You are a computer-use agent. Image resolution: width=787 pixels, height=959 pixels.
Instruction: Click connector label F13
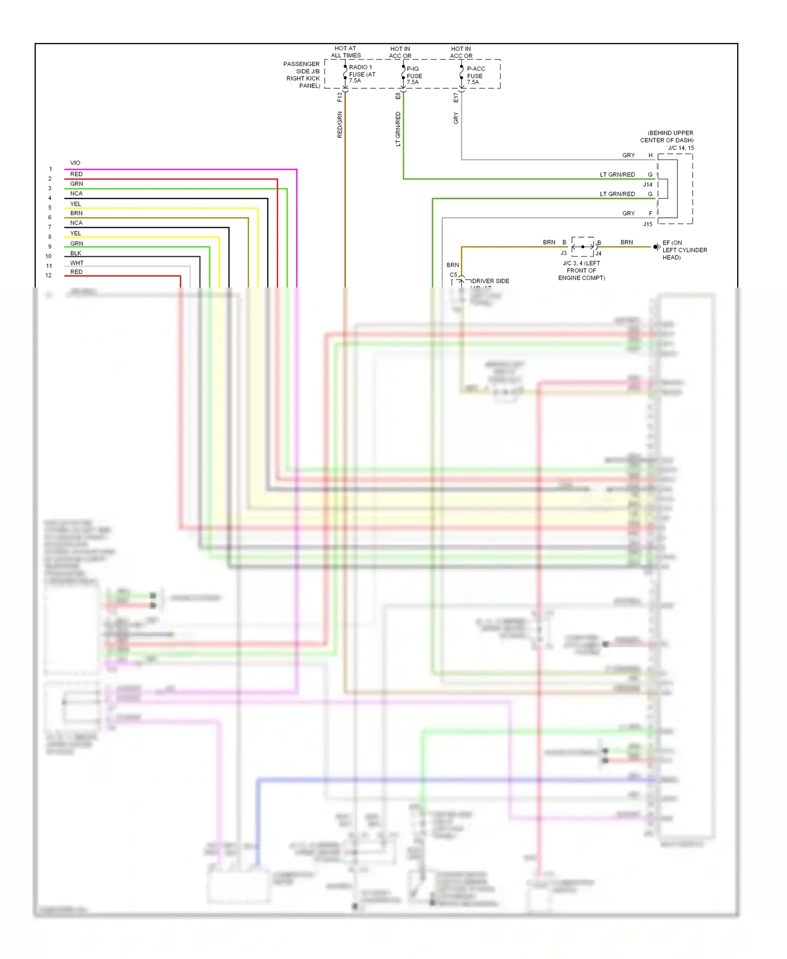coord(340,97)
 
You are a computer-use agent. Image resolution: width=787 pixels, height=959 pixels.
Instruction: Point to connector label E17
coord(456,98)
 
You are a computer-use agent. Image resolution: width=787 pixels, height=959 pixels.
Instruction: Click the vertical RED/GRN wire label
coord(340,125)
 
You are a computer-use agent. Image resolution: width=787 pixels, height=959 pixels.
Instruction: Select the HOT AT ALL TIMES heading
coord(346,52)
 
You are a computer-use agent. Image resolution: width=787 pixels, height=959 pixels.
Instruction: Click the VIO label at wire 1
coord(75,163)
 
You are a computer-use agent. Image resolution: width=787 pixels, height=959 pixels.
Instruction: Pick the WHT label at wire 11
coord(77,263)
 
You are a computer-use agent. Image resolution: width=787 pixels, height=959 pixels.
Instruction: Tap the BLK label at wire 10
coord(76,253)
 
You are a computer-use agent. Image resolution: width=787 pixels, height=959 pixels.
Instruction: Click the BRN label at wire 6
coord(76,213)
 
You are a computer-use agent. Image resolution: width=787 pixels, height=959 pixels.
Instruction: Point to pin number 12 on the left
coord(48,275)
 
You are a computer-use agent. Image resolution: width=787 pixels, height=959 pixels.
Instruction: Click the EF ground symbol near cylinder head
coord(656,247)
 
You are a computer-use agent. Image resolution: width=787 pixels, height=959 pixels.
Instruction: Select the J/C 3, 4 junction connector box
coord(583,247)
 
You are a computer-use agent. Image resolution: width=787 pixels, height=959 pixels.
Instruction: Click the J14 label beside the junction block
coord(648,185)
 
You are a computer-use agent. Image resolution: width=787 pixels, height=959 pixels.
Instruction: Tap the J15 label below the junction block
coord(648,224)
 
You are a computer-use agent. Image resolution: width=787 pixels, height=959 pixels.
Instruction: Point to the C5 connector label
coord(453,275)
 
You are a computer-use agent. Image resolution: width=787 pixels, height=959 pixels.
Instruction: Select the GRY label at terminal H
coord(629,155)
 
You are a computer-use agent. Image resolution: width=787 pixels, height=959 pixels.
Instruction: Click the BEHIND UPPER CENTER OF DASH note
coord(667,137)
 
